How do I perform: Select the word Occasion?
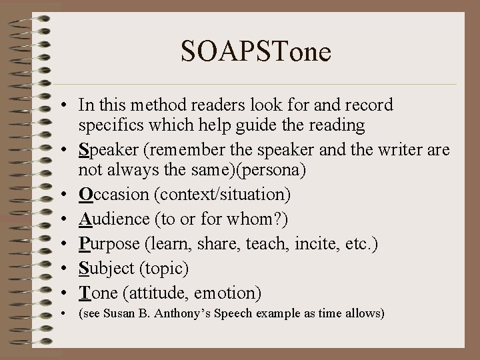[109, 194]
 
